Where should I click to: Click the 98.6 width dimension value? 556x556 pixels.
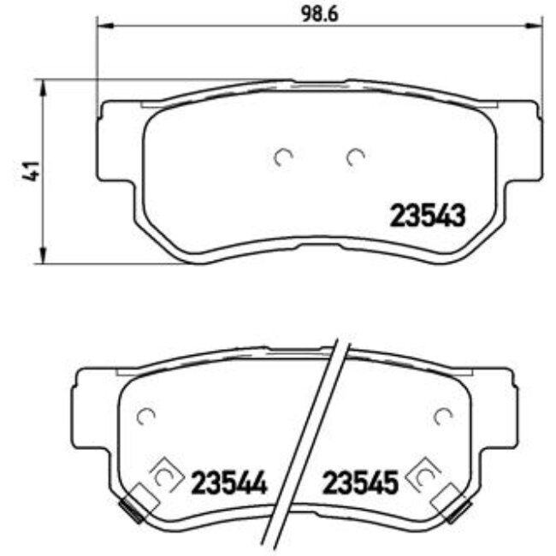pyautogui.click(x=316, y=14)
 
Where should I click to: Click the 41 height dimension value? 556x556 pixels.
pyautogui.click(x=30, y=170)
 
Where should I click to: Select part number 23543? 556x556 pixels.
pyautogui.click(x=428, y=216)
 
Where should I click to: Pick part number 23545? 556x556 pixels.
pyautogui.click(x=360, y=484)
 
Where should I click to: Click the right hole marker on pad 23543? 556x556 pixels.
pyautogui.click(x=355, y=156)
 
